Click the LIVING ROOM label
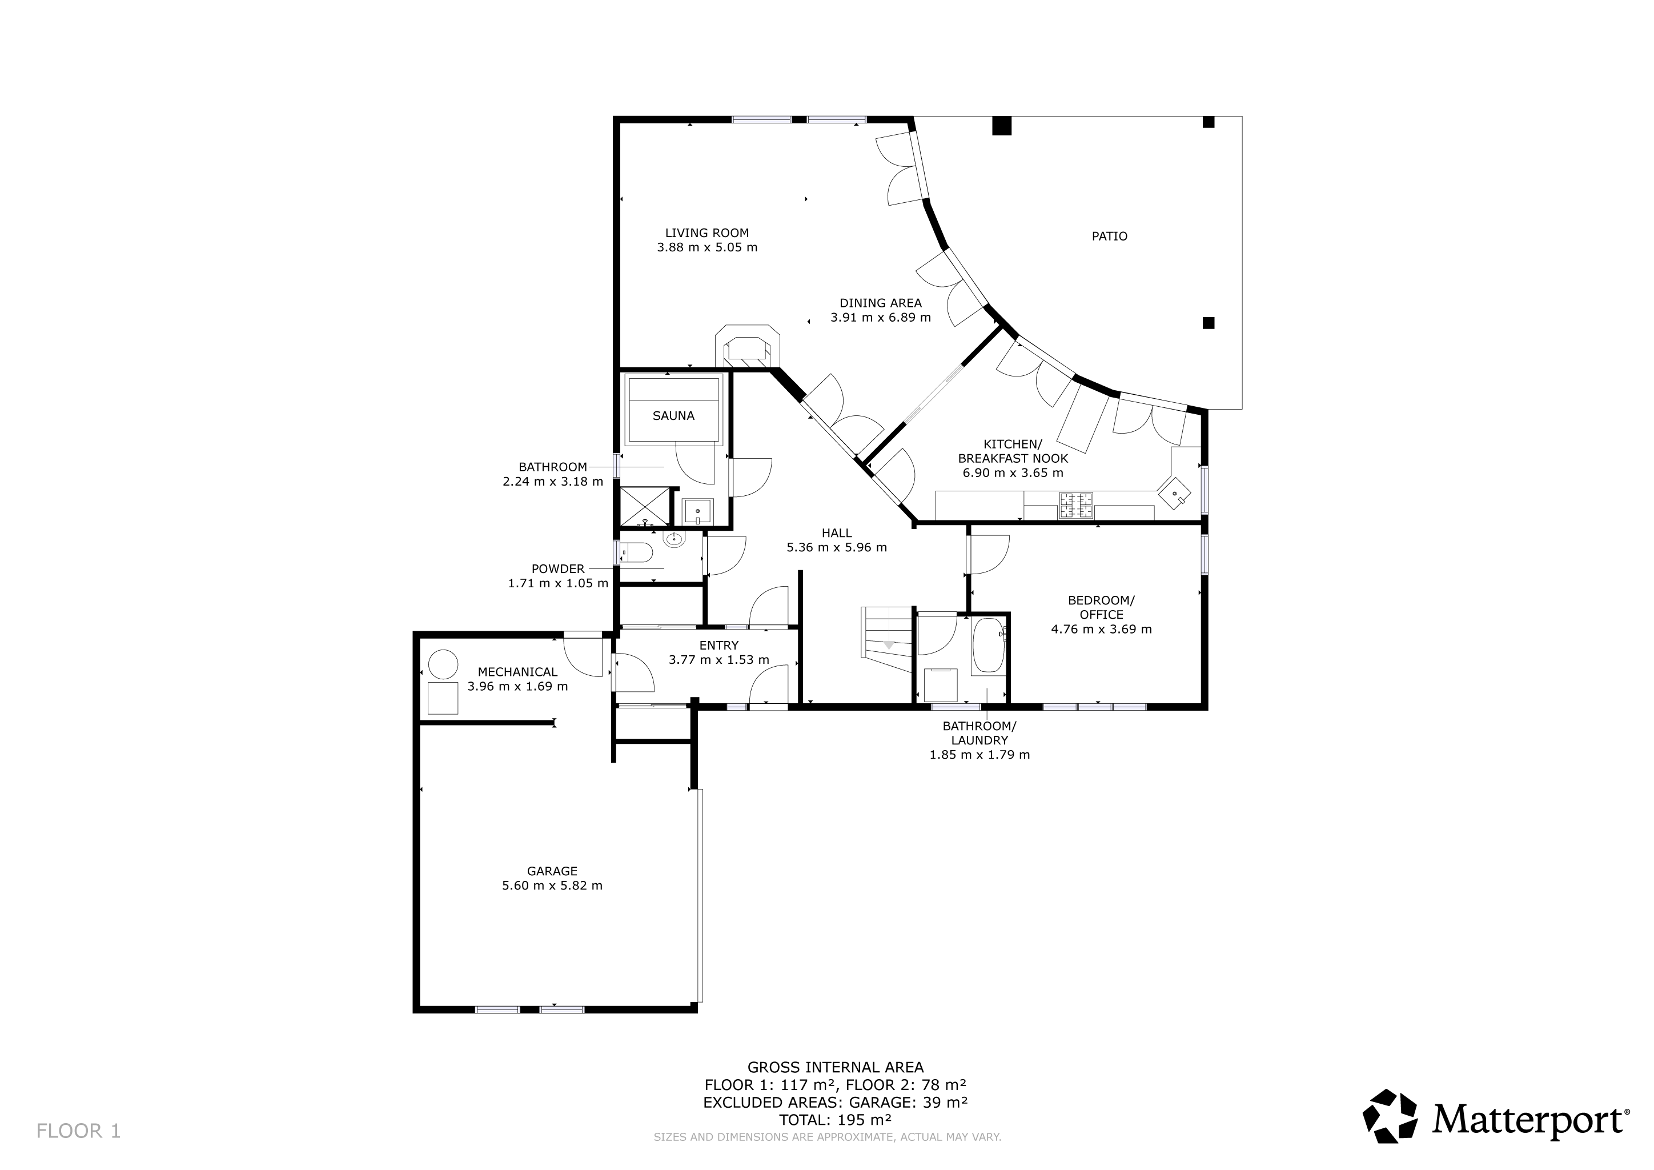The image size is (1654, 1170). (706, 233)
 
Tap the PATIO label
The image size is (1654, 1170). (1109, 237)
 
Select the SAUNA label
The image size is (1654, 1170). (673, 416)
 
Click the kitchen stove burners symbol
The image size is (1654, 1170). (1075, 505)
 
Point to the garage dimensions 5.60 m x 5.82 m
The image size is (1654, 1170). (552, 885)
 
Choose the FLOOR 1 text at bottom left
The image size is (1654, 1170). (78, 1131)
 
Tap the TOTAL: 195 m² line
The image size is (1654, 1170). (835, 1120)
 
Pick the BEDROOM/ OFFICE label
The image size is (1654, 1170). (1101, 607)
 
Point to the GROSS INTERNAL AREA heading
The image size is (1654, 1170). (835, 1068)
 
